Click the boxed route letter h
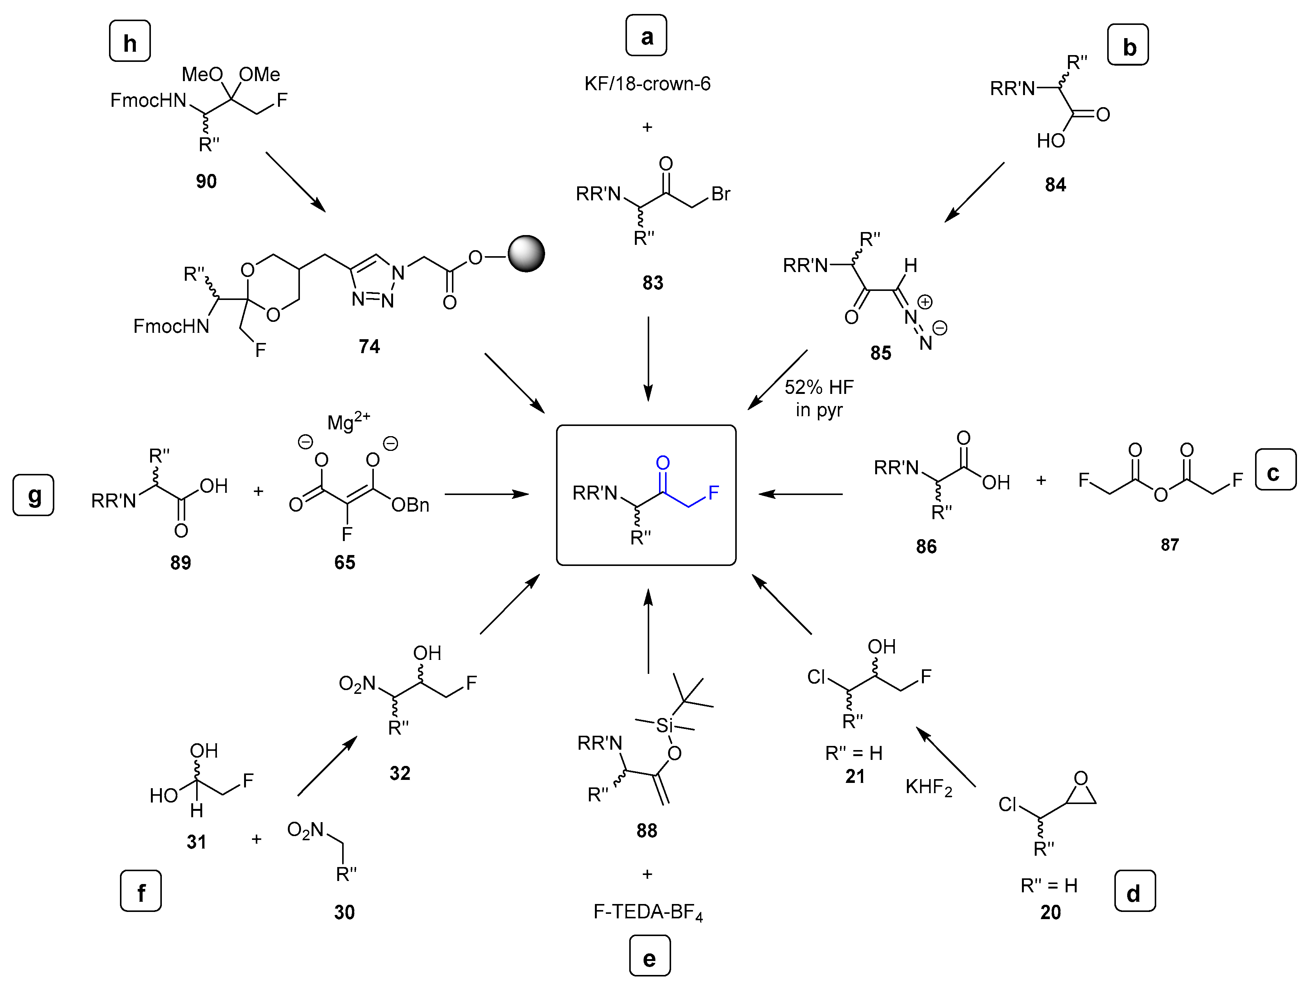[x=130, y=42]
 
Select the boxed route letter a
[x=647, y=36]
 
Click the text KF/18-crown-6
[x=647, y=84]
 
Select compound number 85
[x=880, y=353]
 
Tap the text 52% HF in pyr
[x=819, y=398]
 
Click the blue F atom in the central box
[x=713, y=493]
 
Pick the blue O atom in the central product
[x=663, y=463]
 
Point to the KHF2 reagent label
[x=929, y=787]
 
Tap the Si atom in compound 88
[x=664, y=725]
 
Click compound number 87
[x=1169, y=544]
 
